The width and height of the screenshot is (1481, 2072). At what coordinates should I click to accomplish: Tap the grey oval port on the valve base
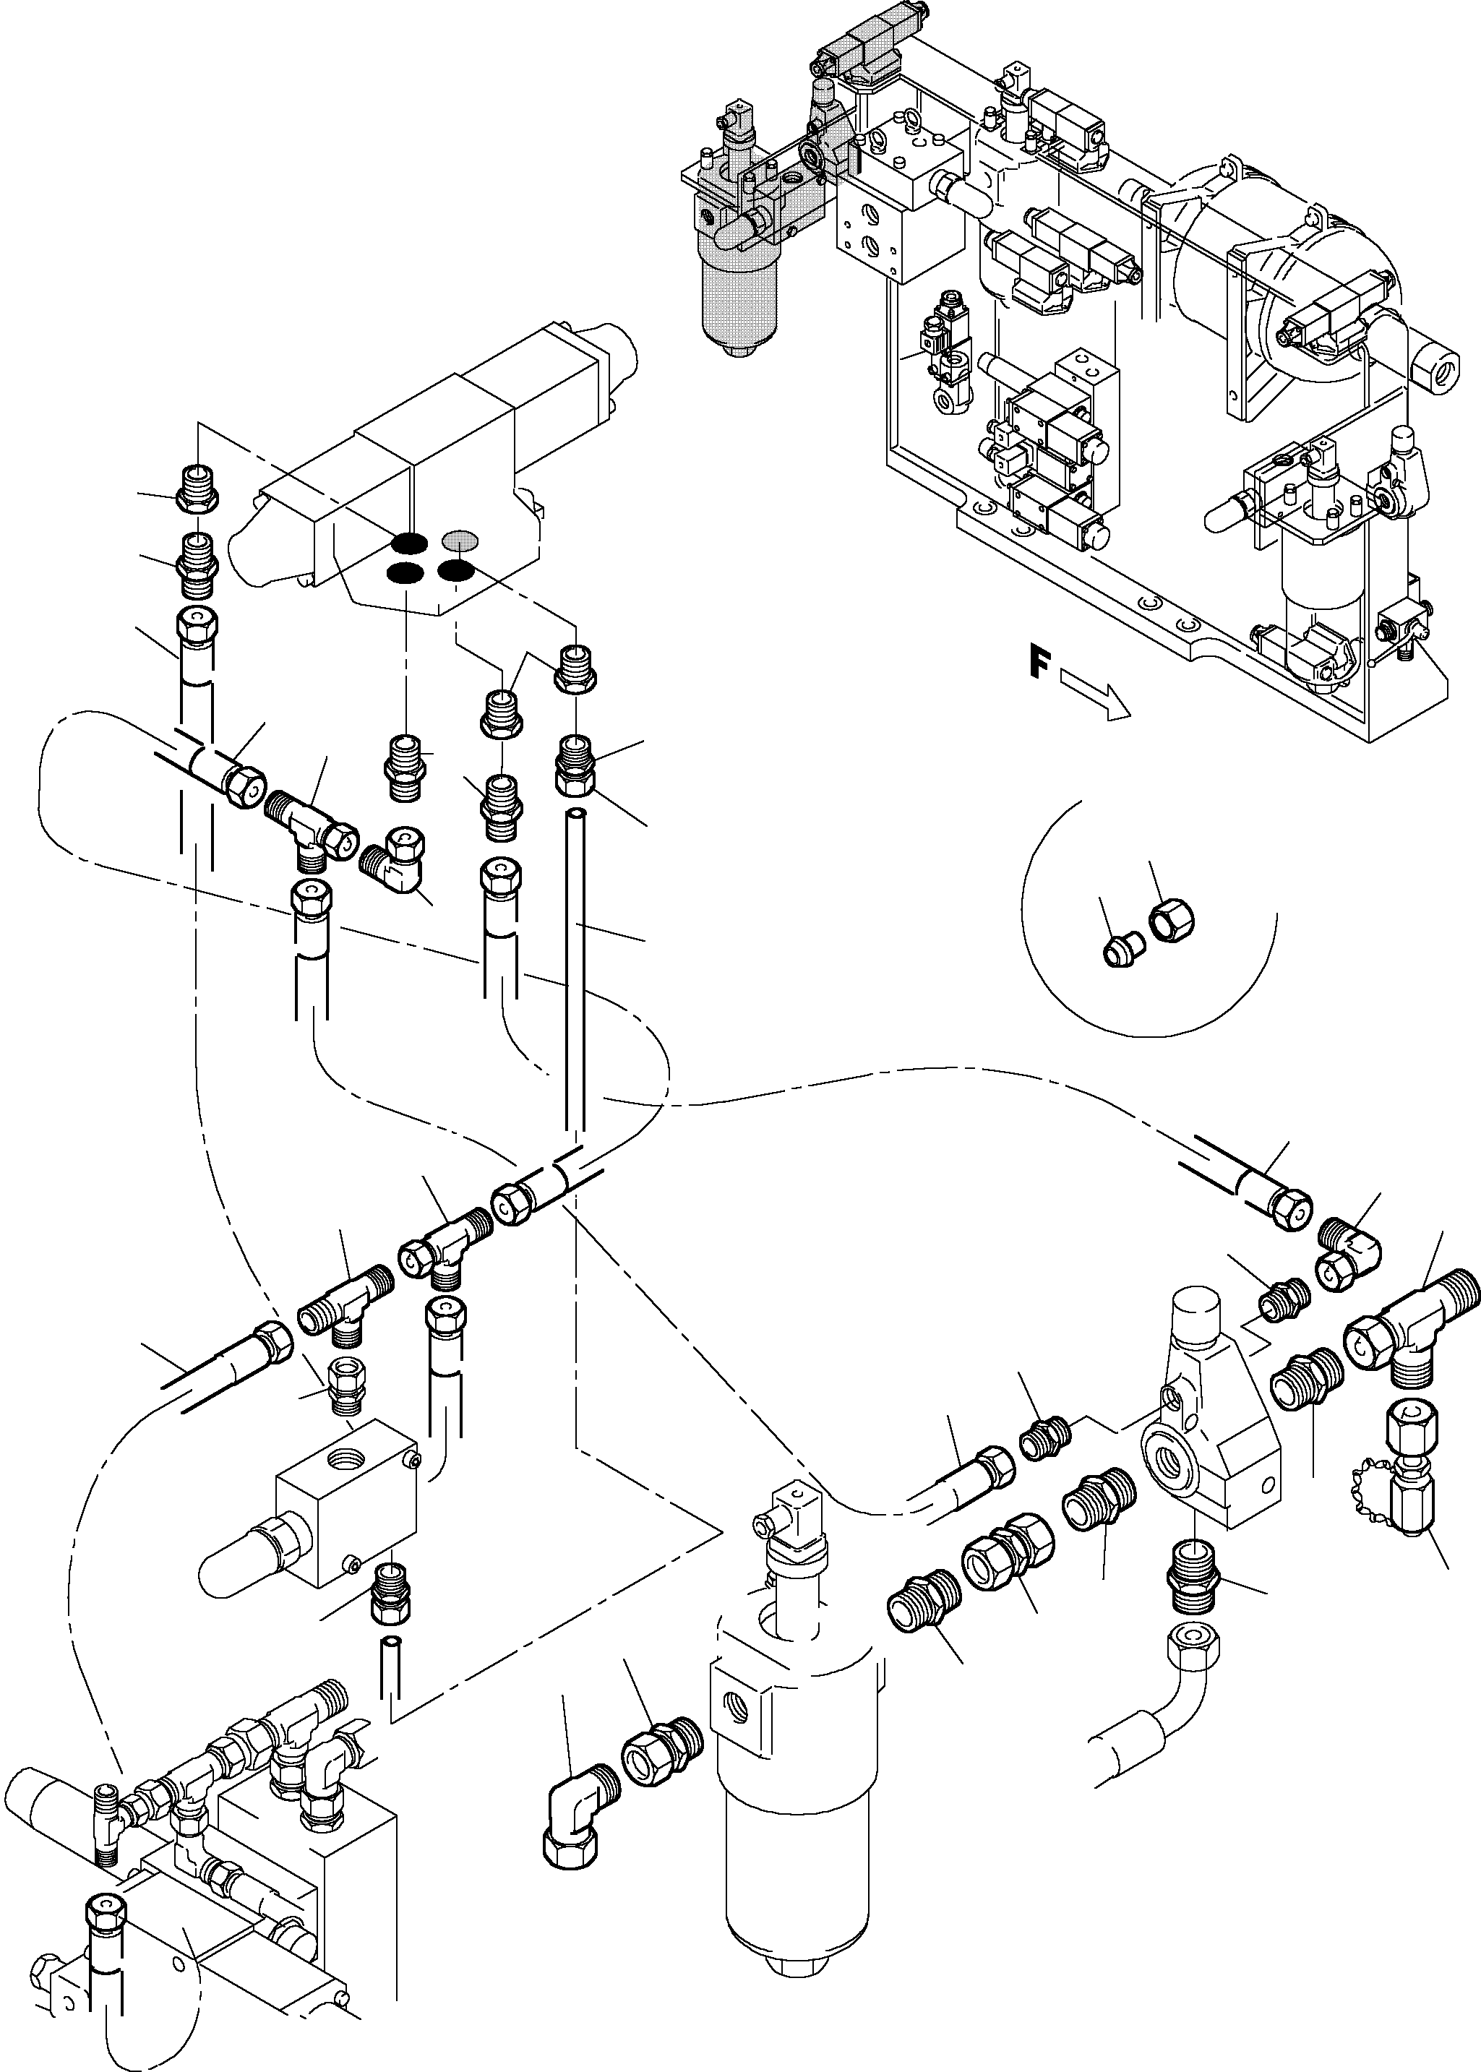click(459, 540)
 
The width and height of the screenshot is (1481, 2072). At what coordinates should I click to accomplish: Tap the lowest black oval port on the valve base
click(404, 573)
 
